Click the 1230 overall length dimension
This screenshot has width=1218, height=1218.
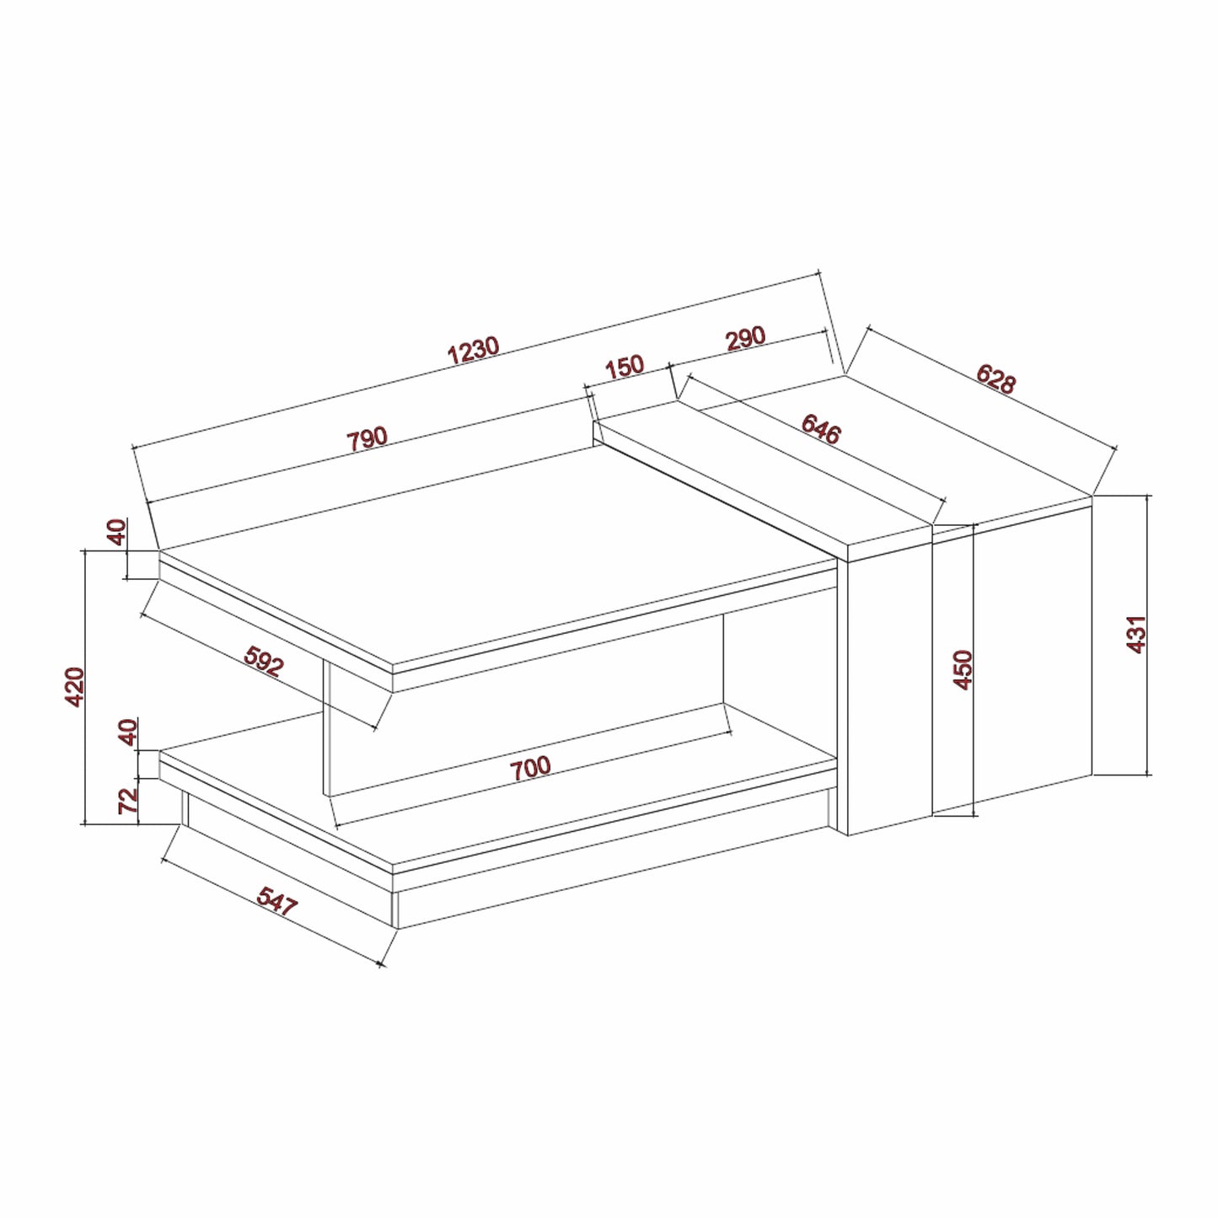click(473, 351)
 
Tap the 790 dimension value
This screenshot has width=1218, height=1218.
click(367, 438)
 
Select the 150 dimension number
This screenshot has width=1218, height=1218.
click(625, 367)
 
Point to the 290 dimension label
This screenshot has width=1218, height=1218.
click(745, 338)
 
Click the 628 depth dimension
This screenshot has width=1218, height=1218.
click(995, 379)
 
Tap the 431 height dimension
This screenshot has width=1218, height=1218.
click(1137, 634)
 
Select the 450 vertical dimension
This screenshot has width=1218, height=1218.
click(963, 669)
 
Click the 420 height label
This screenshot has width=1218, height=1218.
click(75, 686)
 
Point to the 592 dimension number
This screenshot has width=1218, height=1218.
click(264, 661)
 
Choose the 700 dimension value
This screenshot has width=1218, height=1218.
click(531, 767)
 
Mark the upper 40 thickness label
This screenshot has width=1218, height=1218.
click(117, 532)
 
